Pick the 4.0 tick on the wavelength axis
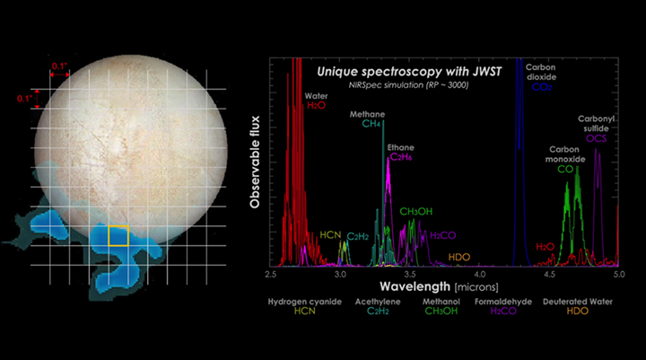point(480,273)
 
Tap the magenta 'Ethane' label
point(401,146)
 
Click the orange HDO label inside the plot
point(458,257)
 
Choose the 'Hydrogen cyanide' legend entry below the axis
point(305,303)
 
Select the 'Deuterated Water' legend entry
point(578,303)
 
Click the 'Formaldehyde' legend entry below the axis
point(509,303)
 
